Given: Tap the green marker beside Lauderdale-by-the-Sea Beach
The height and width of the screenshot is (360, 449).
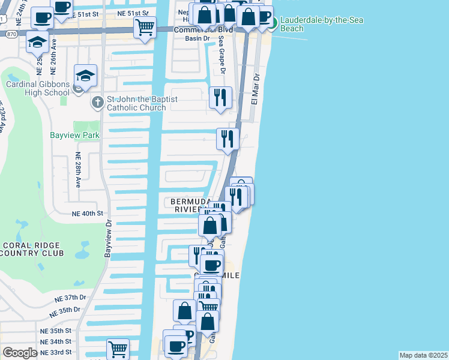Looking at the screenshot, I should [272, 23].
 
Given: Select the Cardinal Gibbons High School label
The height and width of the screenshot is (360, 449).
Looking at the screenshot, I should [37, 88].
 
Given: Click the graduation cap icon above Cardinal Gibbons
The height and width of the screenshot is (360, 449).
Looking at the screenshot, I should [85, 76].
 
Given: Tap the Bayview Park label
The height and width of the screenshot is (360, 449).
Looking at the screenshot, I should [74, 136].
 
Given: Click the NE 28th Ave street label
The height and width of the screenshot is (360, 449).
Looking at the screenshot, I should [78, 169].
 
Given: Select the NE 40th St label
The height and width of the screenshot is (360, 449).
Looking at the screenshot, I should [88, 213].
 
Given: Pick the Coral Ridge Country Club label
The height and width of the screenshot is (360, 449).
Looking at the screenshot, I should [32, 249].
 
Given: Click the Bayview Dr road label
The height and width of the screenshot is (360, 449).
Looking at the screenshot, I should [109, 239].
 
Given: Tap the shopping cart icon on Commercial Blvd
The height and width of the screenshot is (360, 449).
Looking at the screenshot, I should [145, 26].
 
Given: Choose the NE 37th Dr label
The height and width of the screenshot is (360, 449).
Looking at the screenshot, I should [71, 298].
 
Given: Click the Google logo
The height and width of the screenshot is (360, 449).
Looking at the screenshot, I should [20, 353].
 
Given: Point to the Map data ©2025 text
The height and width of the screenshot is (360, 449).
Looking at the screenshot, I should [423, 355].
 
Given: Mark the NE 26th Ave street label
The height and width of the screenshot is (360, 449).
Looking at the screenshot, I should [53, 52].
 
